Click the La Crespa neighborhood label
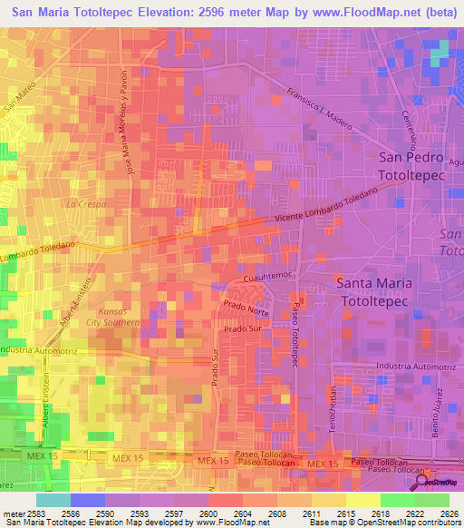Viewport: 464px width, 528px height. tap(85, 204)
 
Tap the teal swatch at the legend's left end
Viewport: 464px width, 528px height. tap(53, 499)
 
